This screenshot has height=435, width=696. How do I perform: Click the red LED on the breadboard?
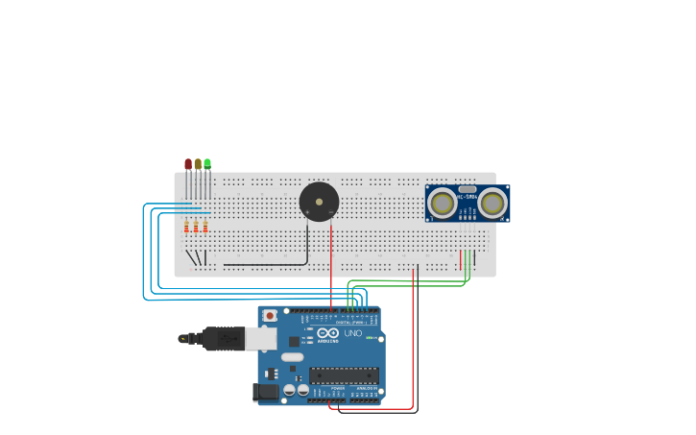188,164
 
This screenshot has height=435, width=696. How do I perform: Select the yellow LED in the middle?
198,164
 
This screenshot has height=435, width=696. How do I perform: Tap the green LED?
207,164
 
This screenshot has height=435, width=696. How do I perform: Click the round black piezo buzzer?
319,202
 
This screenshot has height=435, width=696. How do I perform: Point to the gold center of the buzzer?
319,202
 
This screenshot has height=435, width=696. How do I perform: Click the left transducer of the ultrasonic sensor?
443,203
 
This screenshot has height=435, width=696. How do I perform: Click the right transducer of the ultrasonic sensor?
492,203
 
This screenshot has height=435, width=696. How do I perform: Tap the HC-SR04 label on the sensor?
468,197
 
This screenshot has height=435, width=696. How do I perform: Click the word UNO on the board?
352,333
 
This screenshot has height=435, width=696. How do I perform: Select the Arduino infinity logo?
328,333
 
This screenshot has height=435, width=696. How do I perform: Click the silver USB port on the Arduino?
260,338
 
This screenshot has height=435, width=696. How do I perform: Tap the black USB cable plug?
223,338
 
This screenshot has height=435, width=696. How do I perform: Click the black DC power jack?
265,392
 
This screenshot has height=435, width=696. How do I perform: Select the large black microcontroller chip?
343,375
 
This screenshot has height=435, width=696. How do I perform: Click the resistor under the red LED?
186,227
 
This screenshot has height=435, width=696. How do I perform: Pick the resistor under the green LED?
205,227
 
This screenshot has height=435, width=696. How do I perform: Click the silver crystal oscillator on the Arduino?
292,356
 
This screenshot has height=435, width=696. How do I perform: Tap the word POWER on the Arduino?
338,388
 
